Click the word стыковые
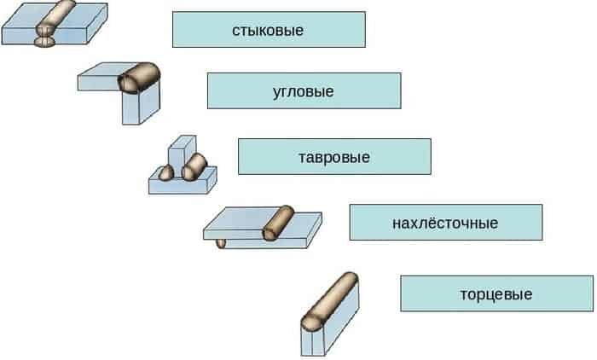click(x=268, y=30)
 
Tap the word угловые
click(x=304, y=92)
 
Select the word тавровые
click(x=334, y=157)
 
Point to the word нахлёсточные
click(x=445, y=223)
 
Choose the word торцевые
click(x=496, y=294)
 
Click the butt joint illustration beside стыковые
click(x=55, y=24)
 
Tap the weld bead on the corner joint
click(x=138, y=78)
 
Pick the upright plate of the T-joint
click(x=182, y=153)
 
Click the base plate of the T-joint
click(x=183, y=183)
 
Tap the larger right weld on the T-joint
click(x=194, y=167)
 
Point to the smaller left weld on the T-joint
click(x=166, y=173)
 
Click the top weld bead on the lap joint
click(x=278, y=223)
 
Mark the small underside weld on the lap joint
click(x=221, y=243)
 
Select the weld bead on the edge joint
click(x=330, y=302)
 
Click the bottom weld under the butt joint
click(x=45, y=42)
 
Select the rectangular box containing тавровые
click(x=334, y=157)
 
